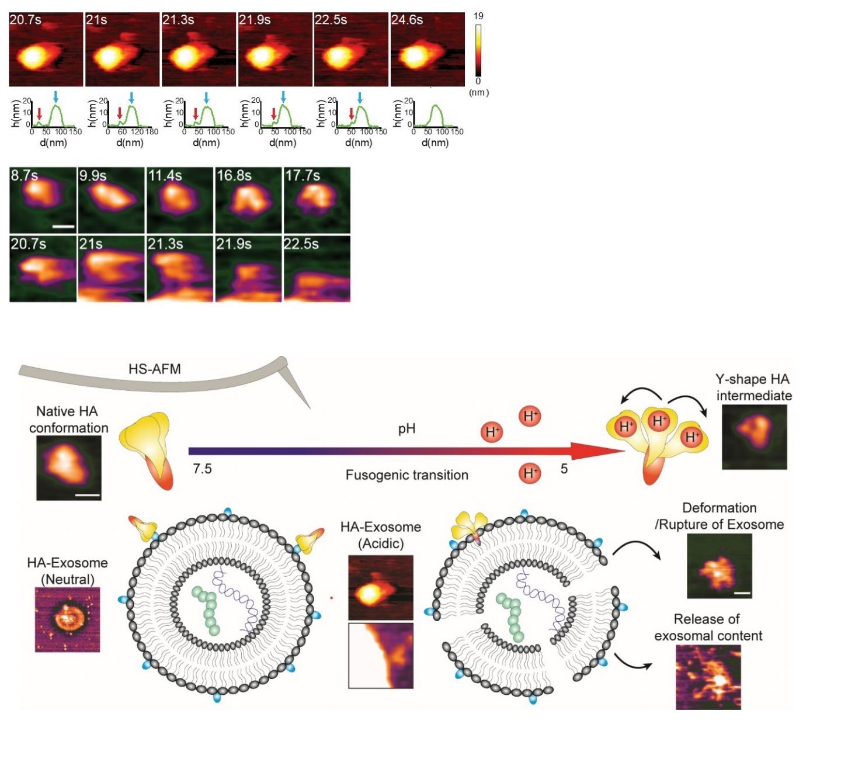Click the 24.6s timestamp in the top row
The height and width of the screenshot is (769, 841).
pyautogui.click(x=407, y=20)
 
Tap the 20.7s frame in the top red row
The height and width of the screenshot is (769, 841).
pyautogui.click(x=46, y=50)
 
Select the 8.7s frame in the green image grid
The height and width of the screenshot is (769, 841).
pyautogui.click(x=43, y=200)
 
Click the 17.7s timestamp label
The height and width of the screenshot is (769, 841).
pyautogui.click(x=303, y=175)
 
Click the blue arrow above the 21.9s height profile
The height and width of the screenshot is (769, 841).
pyautogui.click(x=284, y=97)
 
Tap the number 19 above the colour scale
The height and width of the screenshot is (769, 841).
pyautogui.click(x=478, y=16)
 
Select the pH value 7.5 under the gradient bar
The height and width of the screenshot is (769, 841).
pyautogui.click(x=202, y=469)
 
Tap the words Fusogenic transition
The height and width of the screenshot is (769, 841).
pyautogui.click(x=406, y=475)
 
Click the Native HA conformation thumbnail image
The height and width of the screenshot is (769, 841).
pyautogui.click(x=69, y=468)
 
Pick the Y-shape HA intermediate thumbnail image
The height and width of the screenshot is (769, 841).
pyautogui.click(x=754, y=437)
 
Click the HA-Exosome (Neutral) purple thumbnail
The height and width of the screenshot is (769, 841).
pyautogui.click(x=68, y=619)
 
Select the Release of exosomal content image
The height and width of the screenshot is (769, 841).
pyautogui.click(x=708, y=677)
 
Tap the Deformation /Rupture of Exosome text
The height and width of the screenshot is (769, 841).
pyautogui.click(x=719, y=516)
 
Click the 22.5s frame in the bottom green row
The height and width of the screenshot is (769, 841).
pyautogui.click(x=317, y=269)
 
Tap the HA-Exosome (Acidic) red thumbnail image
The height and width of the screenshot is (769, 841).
pyautogui.click(x=381, y=587)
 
